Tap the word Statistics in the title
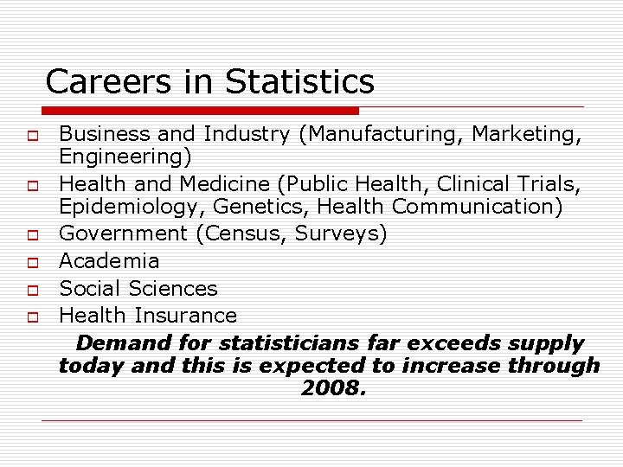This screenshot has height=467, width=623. click(299, 82)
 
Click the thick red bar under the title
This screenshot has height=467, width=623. click(200, 111)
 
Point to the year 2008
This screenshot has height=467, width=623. click(333, 389)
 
